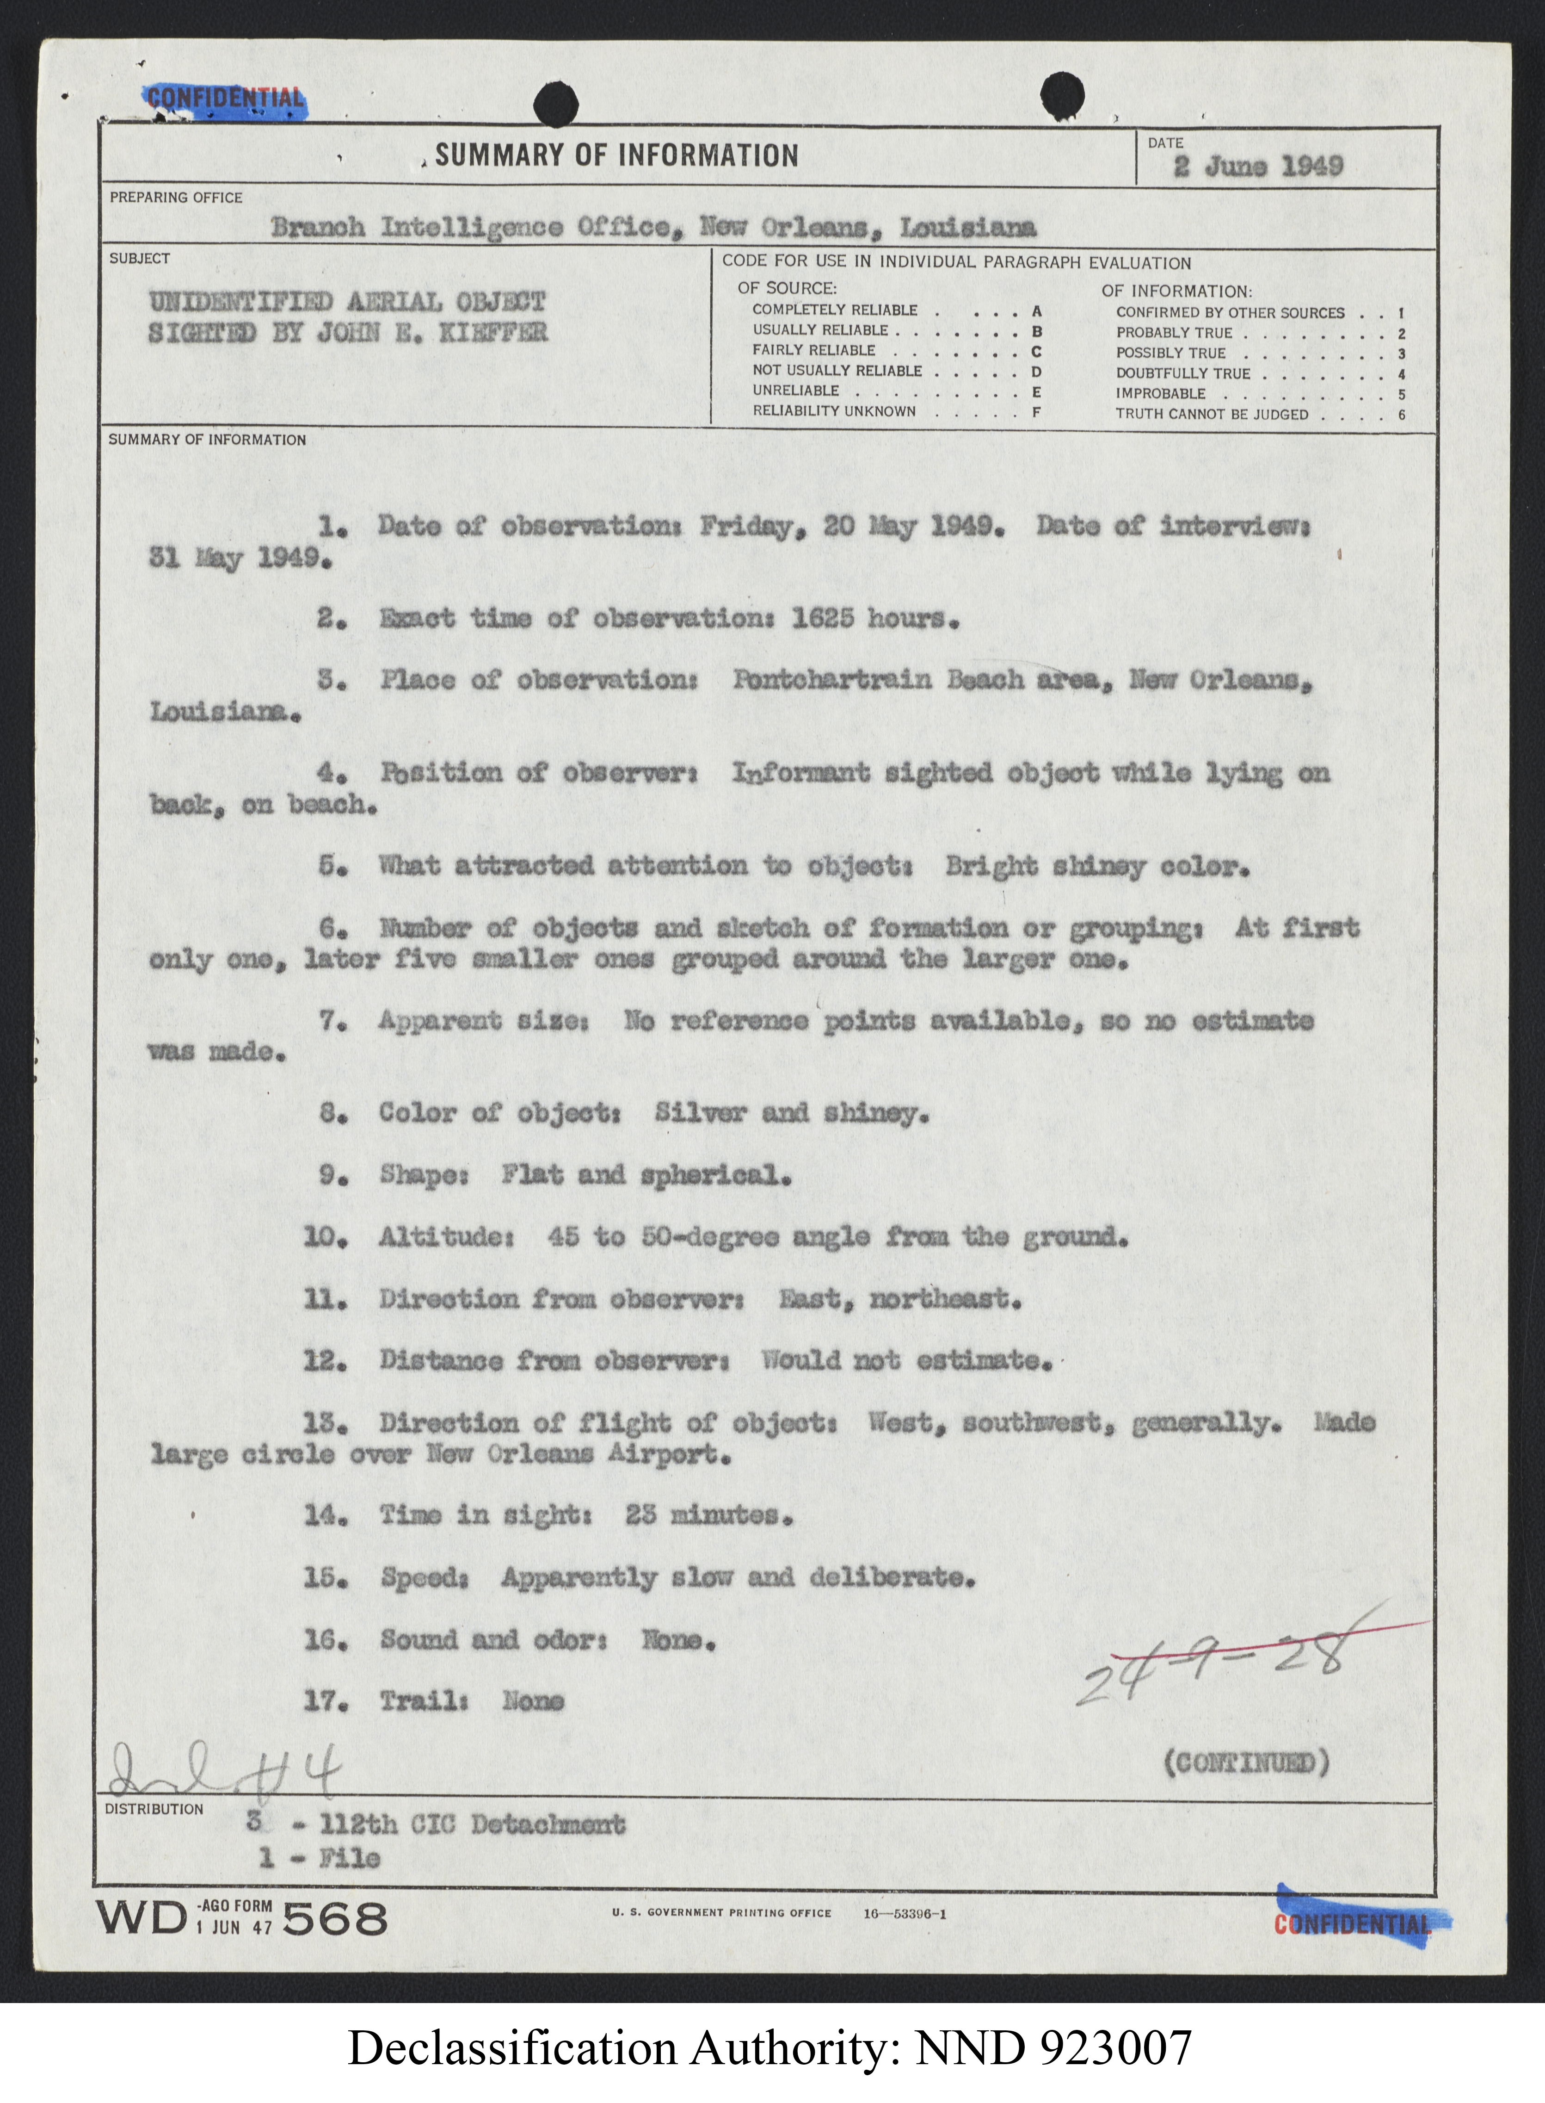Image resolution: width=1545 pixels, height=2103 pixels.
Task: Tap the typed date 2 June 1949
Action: click(x=1259, y=167)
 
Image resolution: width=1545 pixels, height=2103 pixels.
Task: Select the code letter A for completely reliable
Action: click(x=1036, y=310)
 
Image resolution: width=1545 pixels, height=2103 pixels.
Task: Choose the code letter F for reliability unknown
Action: click(x=1036, y=412)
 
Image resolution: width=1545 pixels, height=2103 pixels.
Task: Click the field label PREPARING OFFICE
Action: click(x=176, y=198)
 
